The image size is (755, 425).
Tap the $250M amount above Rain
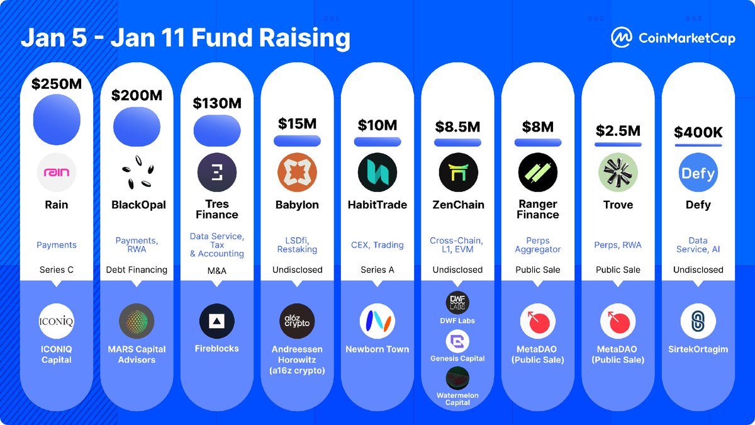[57, 83]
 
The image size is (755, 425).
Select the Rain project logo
[57, 173]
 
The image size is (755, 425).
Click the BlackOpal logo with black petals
[137, 173]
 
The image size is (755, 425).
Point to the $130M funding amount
[217, 103]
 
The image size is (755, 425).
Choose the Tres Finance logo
[217, 173]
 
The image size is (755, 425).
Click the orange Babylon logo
[297, 173]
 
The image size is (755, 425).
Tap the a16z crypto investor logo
[297, 321]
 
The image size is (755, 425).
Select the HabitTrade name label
[377, 205]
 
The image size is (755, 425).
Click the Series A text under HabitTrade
[377, 269]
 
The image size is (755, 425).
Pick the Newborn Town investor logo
[377, 321]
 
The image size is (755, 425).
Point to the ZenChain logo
[458, 173]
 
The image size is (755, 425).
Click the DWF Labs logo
[457, 303]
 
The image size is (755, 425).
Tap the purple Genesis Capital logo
[457, 342]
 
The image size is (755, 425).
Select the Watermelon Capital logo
[457, 378]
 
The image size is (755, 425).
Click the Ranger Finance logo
[538, 173]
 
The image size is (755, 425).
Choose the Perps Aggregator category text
[538, 245]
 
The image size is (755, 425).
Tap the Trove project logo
[618, 173]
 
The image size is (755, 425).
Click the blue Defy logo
[698, 173]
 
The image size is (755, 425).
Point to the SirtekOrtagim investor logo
[698, 321]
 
